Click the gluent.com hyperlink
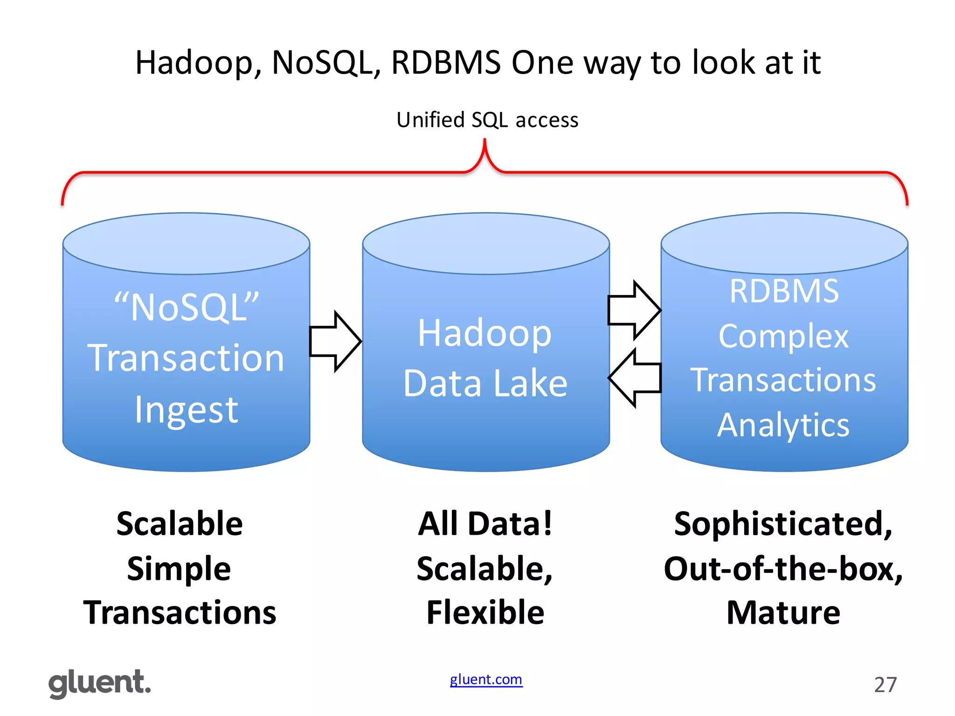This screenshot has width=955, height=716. [486, 680]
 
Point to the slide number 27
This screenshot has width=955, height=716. [885, 685]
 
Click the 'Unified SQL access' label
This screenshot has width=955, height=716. [487, 120]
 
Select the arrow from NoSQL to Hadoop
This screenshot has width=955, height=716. [335, 341]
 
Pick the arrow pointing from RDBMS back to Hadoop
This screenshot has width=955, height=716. [635, 378]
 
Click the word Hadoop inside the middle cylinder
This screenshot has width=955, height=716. [484, 334]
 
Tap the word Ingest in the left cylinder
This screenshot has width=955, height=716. [187, 410]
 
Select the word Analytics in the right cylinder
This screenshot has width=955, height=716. [783, 425]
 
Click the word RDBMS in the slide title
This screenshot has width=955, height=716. [446, 62]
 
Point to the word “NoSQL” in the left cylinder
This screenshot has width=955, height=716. [187, 307]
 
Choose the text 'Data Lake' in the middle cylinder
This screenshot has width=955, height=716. [485, 383]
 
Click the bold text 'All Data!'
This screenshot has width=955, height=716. [485, 524]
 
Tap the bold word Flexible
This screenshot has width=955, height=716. [485, 613]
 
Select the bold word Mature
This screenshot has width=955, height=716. [783, 613]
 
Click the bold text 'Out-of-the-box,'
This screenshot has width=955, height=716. [783, 569]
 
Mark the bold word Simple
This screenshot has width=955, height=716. [179, 569]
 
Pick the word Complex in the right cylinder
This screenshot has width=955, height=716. [783, 336]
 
